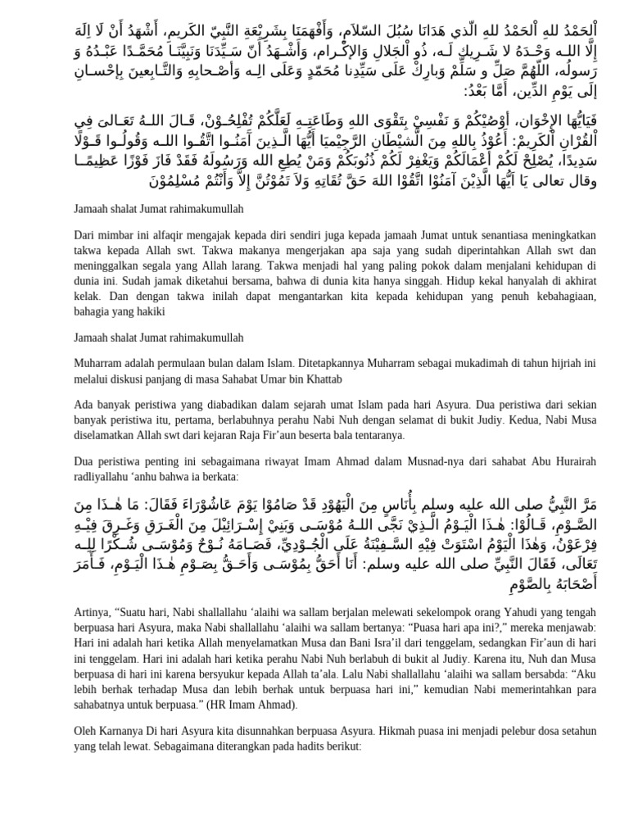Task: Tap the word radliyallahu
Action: [101, 476]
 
